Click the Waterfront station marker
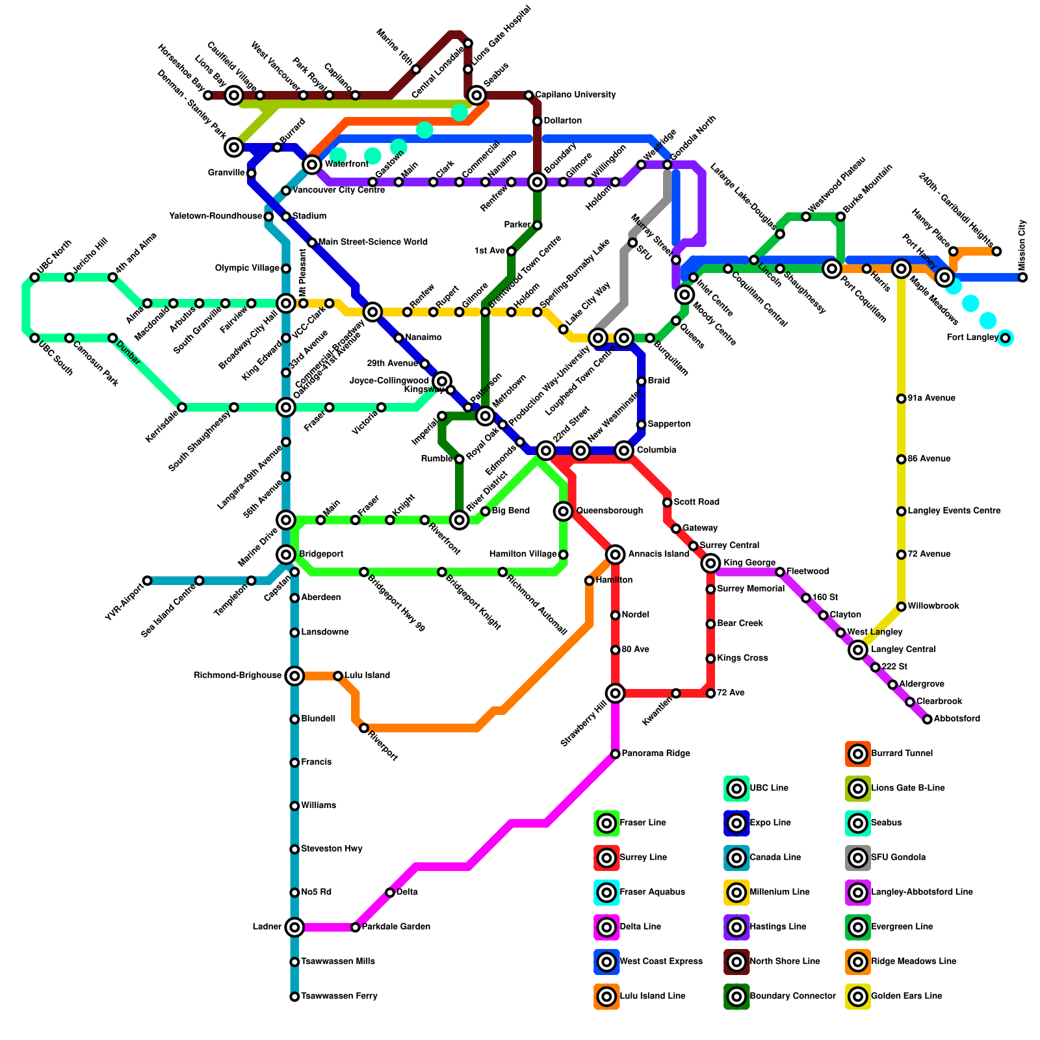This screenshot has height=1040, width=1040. [x=312, y=164]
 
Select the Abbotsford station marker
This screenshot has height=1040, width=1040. [x=928, y=719]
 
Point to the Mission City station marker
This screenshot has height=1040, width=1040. [x=1023, y=278]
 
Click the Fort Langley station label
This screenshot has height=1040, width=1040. [x=972, y=337]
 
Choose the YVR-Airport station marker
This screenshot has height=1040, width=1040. [x=148, y=580]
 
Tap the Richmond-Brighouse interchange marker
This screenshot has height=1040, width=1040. [x=294, y=676]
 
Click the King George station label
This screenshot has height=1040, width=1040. [x=749, y=563]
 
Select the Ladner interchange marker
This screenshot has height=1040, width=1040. [x=294, y=927]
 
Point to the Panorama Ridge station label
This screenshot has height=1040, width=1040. [x=655, y=753]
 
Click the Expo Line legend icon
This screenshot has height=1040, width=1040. [x=736, y=823]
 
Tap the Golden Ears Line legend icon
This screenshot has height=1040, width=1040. [x=858, y=996]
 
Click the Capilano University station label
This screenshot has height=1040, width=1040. [x=575, y=95]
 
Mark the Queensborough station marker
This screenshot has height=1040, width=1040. [x=564, y=511]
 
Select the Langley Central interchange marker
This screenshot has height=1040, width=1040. [x=858, y=649]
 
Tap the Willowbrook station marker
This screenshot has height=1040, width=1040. [x=901, y=606]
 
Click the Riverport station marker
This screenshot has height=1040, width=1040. [x=364, y=728]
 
